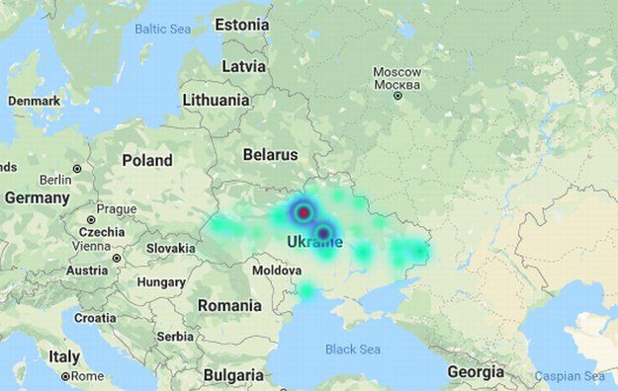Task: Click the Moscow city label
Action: pyautogui.click(x=397, y=72)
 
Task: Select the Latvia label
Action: pyautogui.click(x=243, y=66)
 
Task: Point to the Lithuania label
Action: pyautogui.click(x=216, y=100)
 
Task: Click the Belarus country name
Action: pyautogui.click(x=270, y=155)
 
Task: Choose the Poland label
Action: pyautogui.click(x=146, y=160)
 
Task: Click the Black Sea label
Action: pyautogui.click(x=353, y=349)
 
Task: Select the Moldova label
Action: pyautogui.click(x=277, y=270)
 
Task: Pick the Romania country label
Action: pyautogui.click(x=229, y=305)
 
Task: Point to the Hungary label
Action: pyautogui.click(x=161, y=281)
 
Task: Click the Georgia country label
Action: pyautogui.click(x=476, y=371)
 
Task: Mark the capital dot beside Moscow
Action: pyautogui.click(x=397, y=95)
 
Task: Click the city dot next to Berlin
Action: pyautogui.click(x=77, y=169)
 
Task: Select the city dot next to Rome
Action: pyautogui.click(x=65, y=376)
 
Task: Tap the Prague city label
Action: pyautogui.click(x=116, y=209)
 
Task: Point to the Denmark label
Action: pyautogui.click(x=34, y=101)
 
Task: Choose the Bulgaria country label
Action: pyautogui.click(x=233, y=375)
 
